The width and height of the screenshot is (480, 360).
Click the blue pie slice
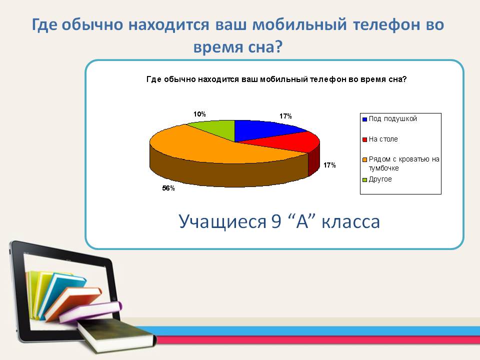tap(263, 129)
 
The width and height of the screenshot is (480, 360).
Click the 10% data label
tap(199, 114)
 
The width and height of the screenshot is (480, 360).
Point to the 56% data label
tap(168, 188)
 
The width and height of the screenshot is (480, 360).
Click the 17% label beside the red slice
tap(329, 165)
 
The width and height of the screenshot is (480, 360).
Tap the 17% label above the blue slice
tap(285, 116)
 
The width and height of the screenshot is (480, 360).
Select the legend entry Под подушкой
tap(389, 119)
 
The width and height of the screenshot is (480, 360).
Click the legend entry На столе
tap(380, 139)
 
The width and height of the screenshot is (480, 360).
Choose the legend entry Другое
tap(377, 179)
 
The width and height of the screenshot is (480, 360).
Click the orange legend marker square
tap(364, 160)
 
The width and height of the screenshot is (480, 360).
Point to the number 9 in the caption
tap(276, 221)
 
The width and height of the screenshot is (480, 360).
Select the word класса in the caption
tap(351, 221)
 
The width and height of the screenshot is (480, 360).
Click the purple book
tap(90, 311)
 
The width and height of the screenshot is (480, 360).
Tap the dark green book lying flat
tap(117, 335)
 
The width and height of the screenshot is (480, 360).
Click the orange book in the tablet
tap(73, 303)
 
